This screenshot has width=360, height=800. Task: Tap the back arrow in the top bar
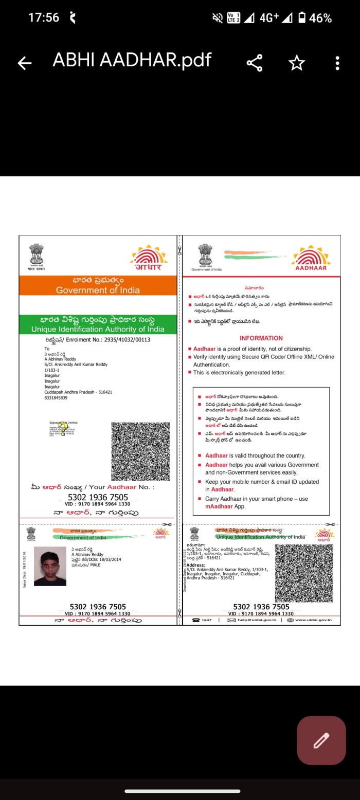[24, 63]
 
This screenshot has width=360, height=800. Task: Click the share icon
[255, 63]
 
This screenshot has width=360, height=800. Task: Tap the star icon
[297, 63]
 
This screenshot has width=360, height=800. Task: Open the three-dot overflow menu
[337, 63]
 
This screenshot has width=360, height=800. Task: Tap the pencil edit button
[321, 740]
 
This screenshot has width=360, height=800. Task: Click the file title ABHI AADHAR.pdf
[132, 60]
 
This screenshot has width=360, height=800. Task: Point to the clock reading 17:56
[44, 17]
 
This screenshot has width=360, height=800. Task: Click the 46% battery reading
[320, 18]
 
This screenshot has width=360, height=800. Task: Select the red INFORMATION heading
[261, 338]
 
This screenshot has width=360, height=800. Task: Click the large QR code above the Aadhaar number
[140, 451]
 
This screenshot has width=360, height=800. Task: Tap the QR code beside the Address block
[304, 573]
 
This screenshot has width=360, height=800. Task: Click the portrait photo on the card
[50, 566]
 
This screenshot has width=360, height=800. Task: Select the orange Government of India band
[98, 285]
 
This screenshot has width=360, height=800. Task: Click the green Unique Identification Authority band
[98, 324]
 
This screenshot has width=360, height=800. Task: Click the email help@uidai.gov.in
[256, 620]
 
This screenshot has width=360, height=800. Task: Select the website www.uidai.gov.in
[313, 620]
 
